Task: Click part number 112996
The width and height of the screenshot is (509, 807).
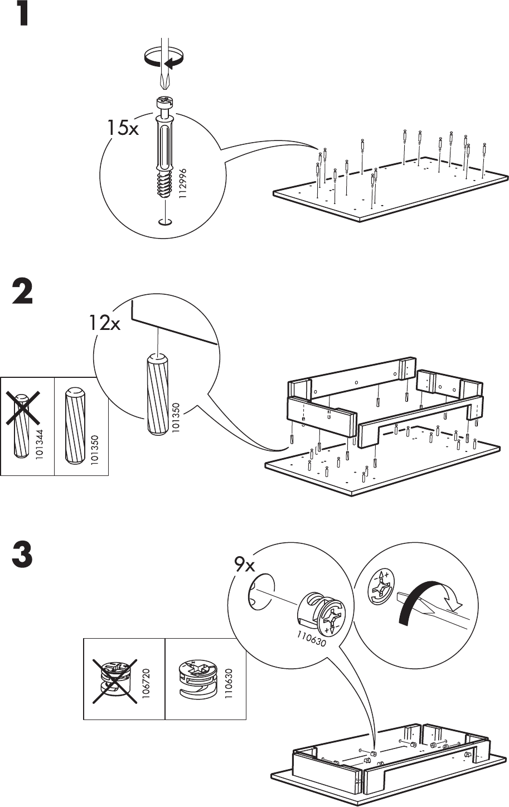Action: coord(182,183)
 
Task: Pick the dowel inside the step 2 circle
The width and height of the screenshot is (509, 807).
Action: coord(157,393)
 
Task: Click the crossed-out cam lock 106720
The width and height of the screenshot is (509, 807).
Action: coord(115,680)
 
